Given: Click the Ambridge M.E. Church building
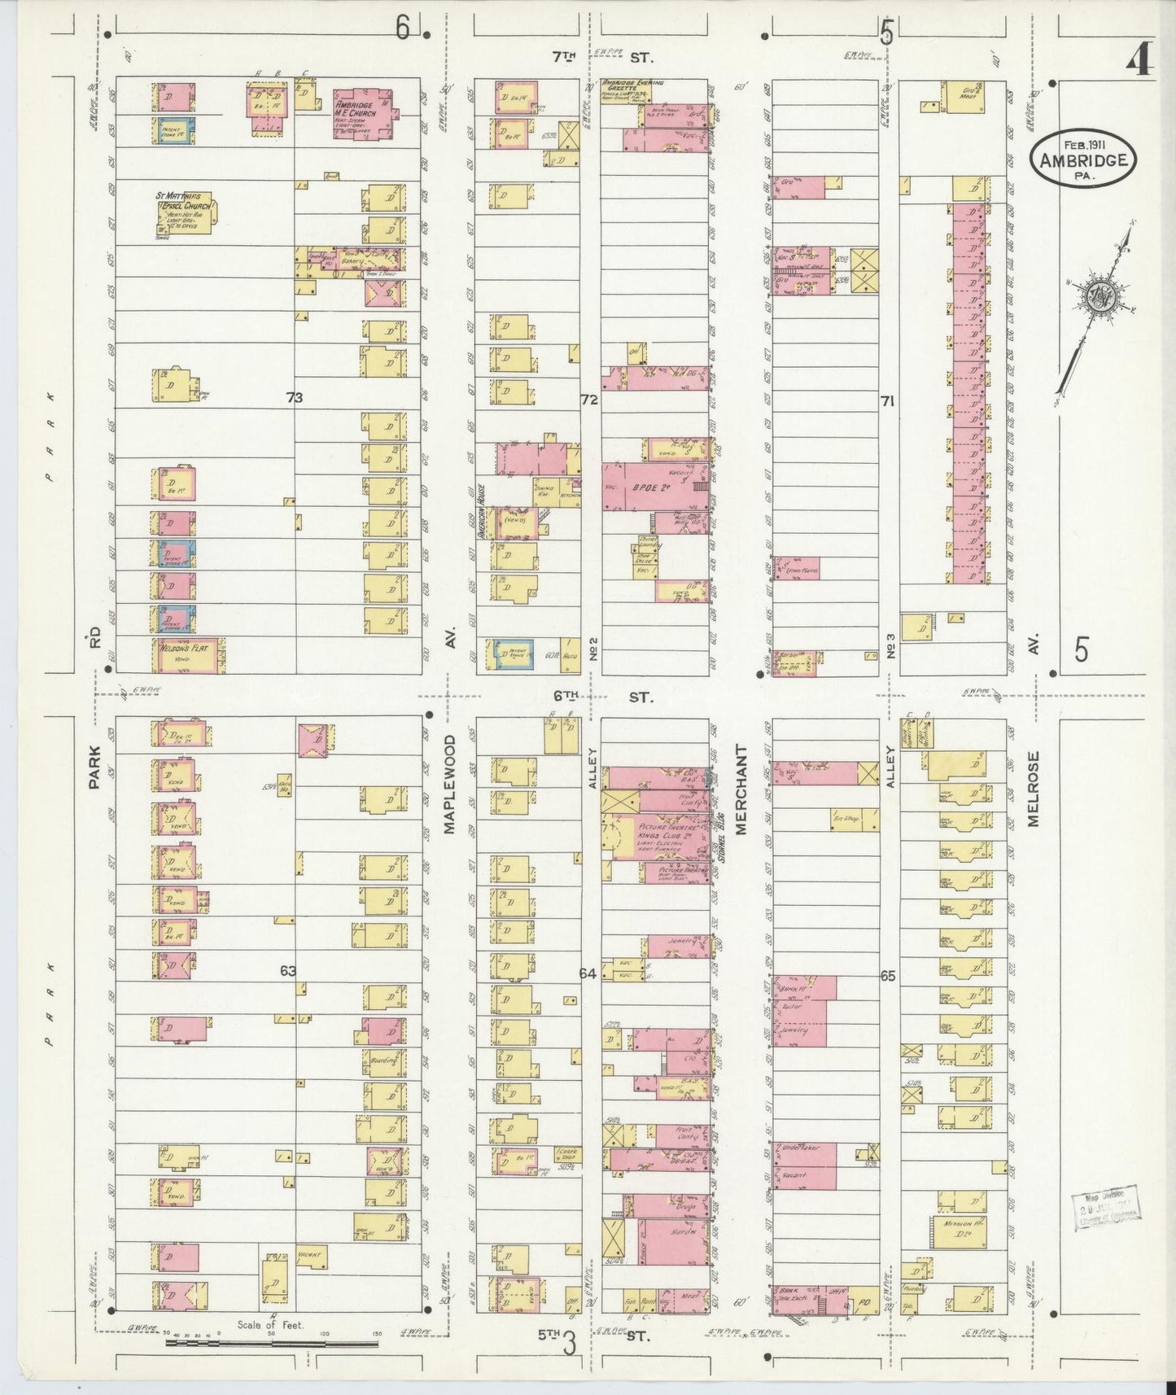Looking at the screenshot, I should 363,114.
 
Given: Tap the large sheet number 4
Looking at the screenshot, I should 1141,61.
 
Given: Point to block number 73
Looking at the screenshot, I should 294,398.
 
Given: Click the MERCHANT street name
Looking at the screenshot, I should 741,789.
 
